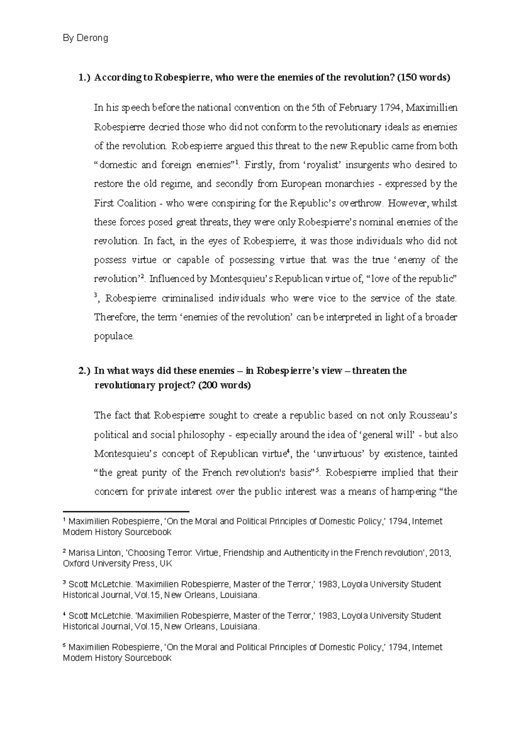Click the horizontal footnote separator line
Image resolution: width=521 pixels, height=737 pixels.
[x=126, y=512]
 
